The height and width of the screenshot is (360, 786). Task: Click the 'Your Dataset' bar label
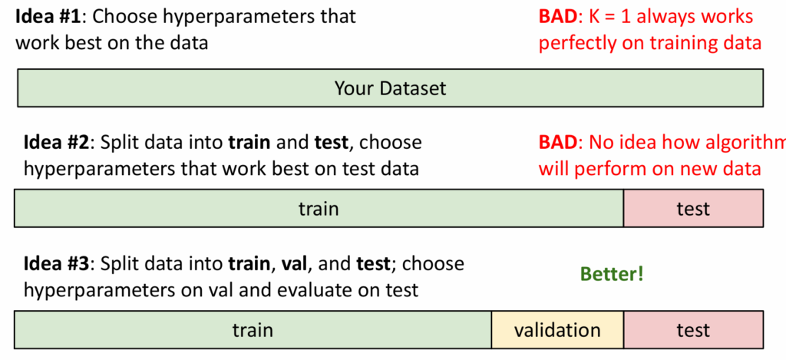390,89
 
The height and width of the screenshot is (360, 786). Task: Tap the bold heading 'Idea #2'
55,143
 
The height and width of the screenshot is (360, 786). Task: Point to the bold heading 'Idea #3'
55,263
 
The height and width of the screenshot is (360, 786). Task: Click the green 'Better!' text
611,274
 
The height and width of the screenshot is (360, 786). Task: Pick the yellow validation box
557,329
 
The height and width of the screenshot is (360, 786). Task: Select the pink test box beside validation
693,329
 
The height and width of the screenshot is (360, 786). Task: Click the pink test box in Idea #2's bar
693,208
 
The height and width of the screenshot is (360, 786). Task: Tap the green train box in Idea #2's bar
319,208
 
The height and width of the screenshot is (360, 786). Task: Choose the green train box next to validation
253,329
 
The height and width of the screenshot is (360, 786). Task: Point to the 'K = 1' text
613,17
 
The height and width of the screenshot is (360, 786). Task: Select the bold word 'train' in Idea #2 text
249,143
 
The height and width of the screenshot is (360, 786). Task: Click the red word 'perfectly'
576,44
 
